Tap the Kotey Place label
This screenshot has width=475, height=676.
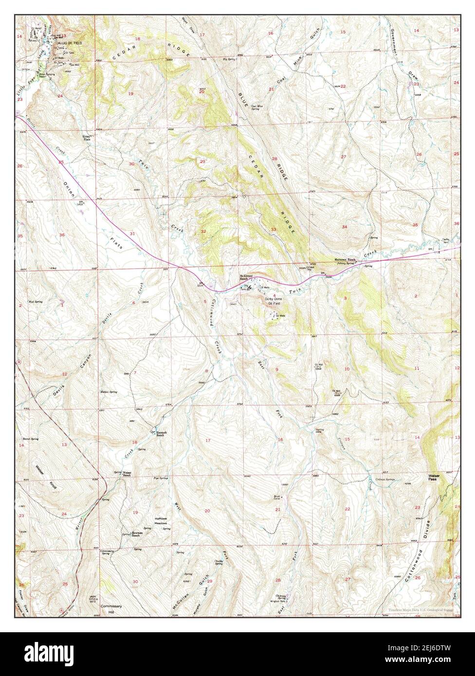click(88, 139)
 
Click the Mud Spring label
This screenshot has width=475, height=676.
click(36, 302)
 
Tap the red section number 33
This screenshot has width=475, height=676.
click(274, 230)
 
